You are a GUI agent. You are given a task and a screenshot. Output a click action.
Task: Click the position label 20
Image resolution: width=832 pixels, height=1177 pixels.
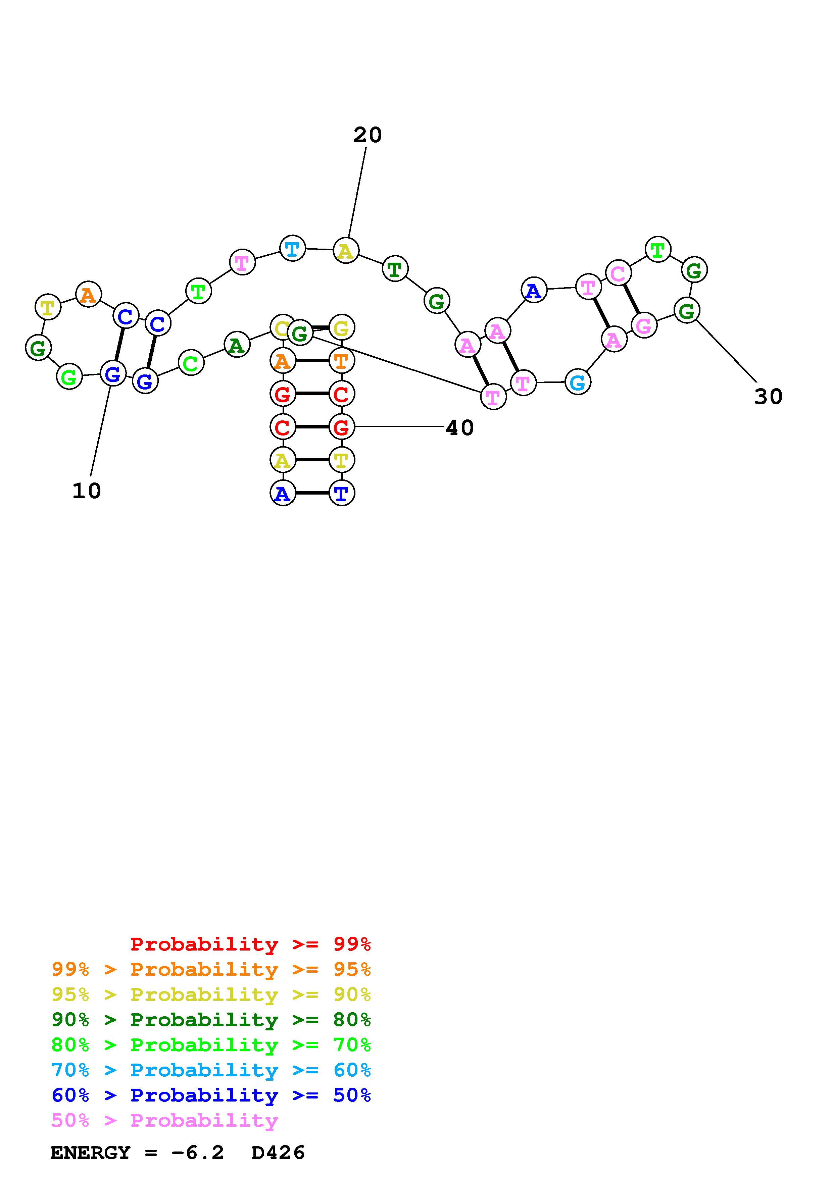tap(368, 135)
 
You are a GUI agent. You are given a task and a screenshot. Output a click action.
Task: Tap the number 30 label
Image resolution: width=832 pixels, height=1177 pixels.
tap(768, 397)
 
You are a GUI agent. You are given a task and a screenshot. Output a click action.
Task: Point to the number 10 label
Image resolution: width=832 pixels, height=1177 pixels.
tap(87, 491)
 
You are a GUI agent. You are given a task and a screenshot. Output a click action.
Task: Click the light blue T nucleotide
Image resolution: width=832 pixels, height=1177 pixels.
tap(292, 249)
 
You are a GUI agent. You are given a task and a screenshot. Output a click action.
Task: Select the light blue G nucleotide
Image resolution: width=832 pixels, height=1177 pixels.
tap(578, 382)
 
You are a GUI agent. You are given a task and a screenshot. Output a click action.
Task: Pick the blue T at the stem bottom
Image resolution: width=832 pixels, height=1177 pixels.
tap(341, 493)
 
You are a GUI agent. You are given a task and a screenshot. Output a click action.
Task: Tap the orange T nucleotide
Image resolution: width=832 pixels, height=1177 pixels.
tap(341, 361)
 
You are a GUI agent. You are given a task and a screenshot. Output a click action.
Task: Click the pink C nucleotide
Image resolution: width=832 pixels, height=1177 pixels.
tap(618, 273)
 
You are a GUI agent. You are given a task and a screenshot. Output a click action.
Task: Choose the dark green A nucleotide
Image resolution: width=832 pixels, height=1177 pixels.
tap(236, 345)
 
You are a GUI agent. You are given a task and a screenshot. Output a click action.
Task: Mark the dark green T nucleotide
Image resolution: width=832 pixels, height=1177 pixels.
tap(394, 269)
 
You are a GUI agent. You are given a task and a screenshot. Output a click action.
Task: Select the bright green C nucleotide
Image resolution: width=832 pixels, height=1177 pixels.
tap(191, 363)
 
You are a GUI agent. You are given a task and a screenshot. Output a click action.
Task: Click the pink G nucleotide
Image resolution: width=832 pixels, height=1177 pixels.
tap(644, 325)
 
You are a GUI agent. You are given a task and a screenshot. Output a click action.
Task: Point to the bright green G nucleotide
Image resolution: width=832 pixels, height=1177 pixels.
tap(69, 377)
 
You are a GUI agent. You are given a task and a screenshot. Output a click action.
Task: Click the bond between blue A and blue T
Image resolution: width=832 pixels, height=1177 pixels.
tap(312, 493)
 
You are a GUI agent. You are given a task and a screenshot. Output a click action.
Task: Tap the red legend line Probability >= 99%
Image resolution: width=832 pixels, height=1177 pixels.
tap(251, 944)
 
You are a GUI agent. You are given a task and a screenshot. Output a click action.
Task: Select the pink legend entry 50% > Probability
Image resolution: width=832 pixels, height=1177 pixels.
tap(164, 1121)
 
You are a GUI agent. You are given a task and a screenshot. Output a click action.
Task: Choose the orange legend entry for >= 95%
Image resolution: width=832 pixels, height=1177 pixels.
tap(211, 969)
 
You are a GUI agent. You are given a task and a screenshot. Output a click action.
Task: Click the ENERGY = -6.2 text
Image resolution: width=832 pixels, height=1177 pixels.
tap(137, 1153)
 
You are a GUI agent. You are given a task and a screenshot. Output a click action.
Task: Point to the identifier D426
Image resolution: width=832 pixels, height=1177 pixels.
tap(278, 1153)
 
